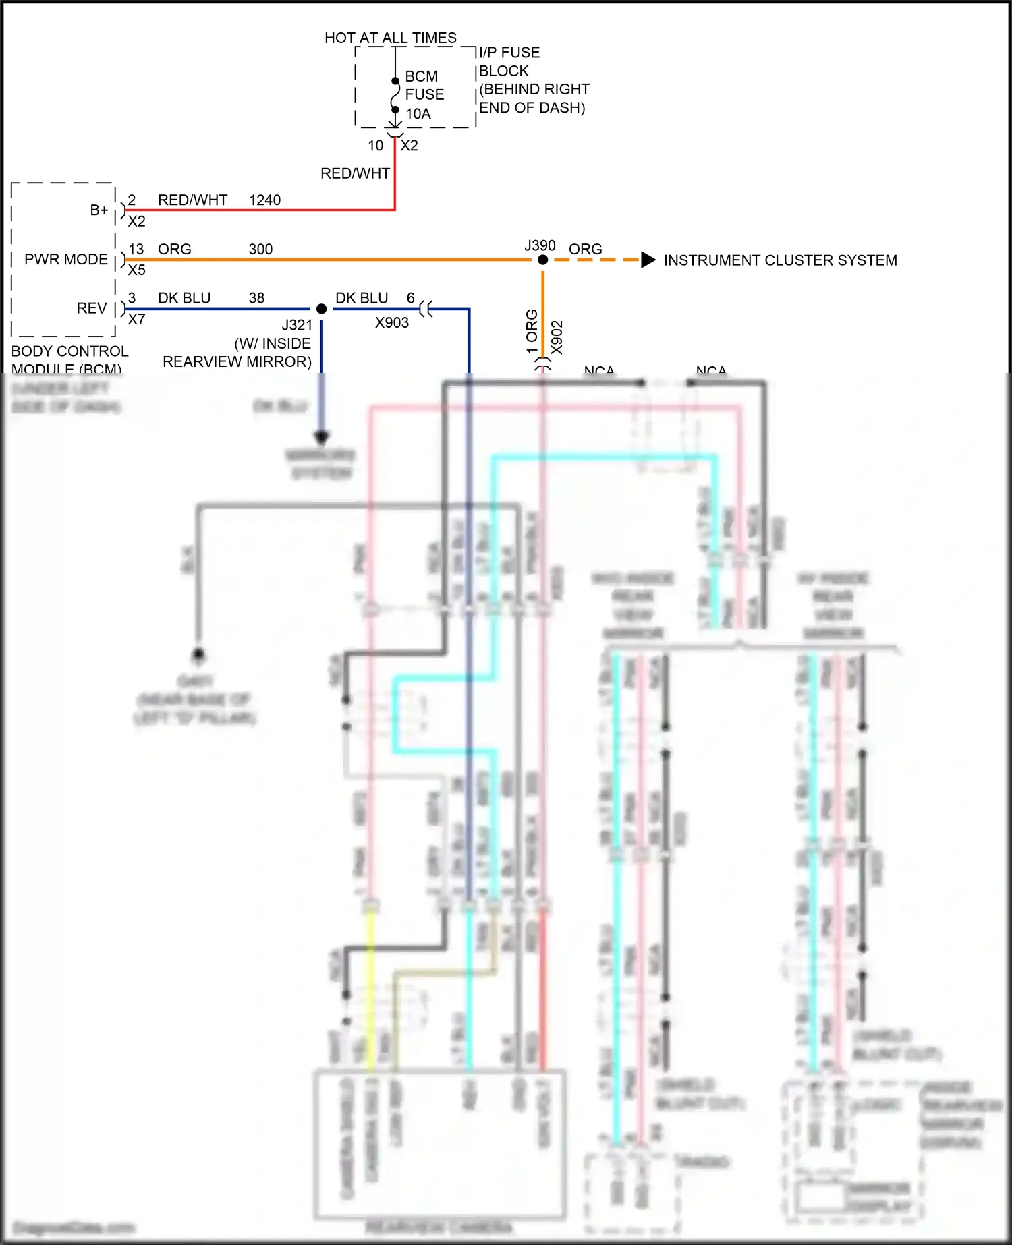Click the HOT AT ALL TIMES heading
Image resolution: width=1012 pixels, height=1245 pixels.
coord(390,38)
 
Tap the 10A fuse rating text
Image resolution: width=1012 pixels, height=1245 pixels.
coord(418,114)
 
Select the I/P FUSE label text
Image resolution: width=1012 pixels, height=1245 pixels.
coord(509,53)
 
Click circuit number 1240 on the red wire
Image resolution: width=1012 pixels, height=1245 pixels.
coord(264,200)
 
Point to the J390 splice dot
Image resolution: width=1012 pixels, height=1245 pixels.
coord(542,260)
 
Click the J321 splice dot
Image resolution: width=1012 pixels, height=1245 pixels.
coord(322,309)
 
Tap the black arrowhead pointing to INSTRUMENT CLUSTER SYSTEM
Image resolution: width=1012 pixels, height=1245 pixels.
coord(648,260)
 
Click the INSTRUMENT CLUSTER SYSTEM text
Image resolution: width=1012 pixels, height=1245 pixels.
coord(780,260)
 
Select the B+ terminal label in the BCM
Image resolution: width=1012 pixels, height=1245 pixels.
coord(99,210)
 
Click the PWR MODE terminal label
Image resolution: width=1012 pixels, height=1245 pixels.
coord(66,260)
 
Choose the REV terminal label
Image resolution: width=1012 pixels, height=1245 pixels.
coord(92,308)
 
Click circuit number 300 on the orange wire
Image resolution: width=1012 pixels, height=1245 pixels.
coord(260,250)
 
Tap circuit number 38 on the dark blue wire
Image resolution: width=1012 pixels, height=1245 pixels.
coord(256,298)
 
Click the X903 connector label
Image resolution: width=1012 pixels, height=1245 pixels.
coord(392,323)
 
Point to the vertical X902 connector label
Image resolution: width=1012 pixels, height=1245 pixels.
coord(557,337)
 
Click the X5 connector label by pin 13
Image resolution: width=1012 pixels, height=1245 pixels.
coord(136,270)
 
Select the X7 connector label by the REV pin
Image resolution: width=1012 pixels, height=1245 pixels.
coord(136,320)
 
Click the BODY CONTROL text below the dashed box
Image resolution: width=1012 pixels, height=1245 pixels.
coord(69,351)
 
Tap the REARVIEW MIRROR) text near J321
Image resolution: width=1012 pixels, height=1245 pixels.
coord(237,362)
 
